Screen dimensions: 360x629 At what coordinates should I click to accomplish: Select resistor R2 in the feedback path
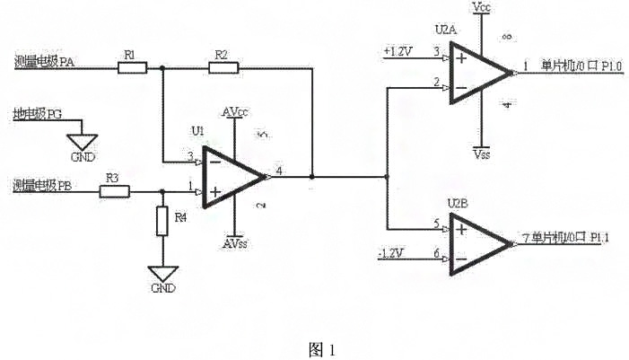tap(220, 66)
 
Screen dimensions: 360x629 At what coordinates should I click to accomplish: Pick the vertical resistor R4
tap(162, 220)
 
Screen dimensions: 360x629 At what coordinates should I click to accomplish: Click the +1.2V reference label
tap(397, 51)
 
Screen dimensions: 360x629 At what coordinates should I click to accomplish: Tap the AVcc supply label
tap(234, 112)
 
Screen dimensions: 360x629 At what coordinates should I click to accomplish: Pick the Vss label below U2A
tap(482, 154)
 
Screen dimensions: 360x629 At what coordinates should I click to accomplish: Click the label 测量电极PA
tap(44, 63)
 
